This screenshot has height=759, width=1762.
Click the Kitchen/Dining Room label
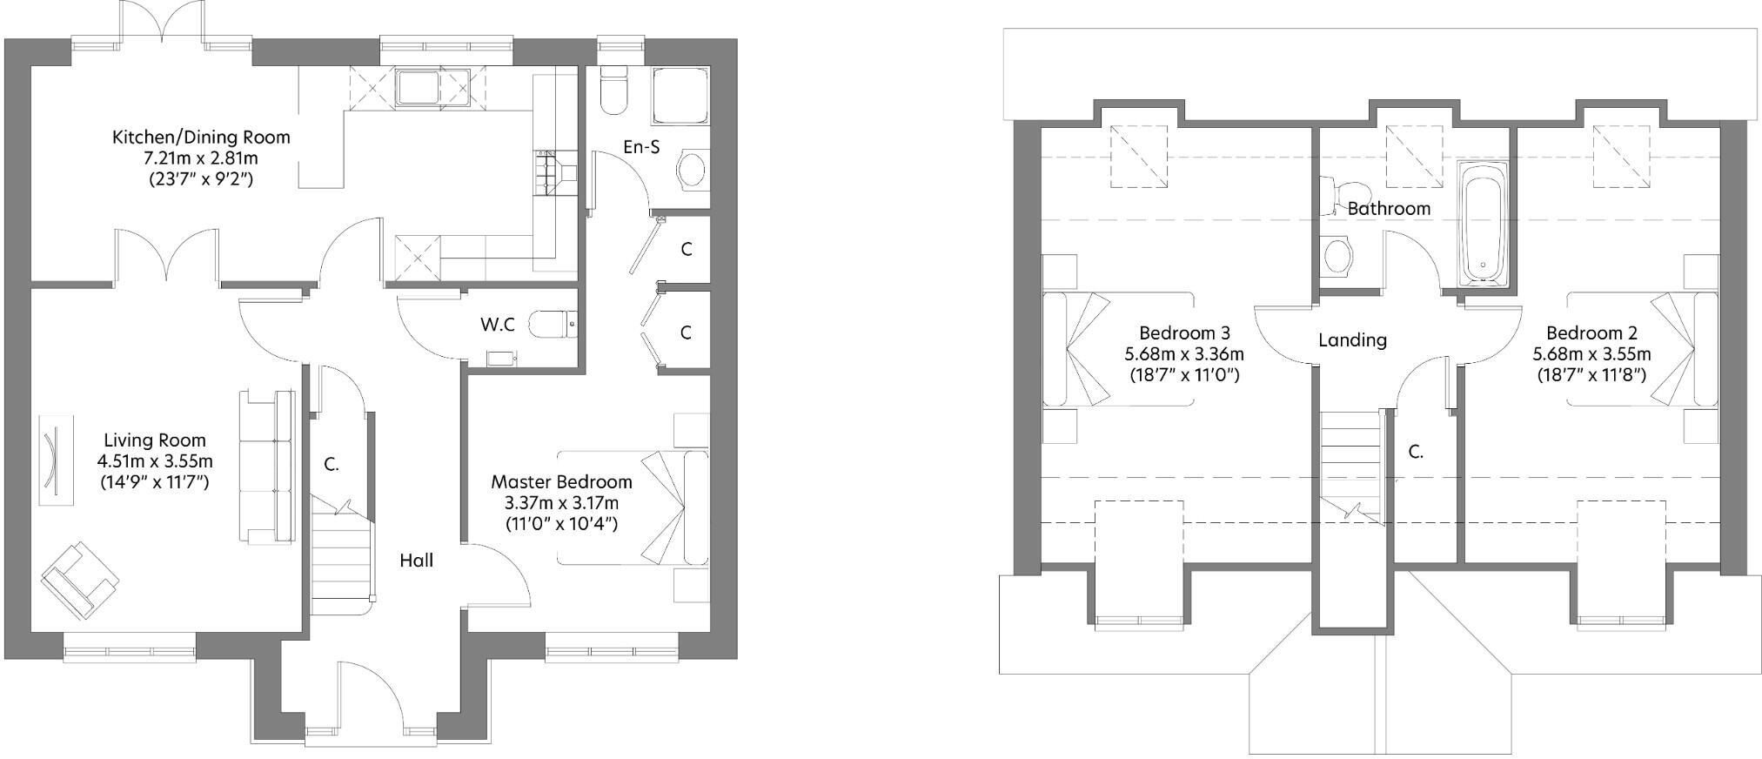coord(201,138)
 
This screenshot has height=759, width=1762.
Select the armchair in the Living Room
coord(79,580)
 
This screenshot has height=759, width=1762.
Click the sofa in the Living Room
coord(266,467)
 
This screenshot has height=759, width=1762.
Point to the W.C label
coord(497,325)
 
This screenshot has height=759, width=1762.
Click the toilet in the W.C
coord(552,324)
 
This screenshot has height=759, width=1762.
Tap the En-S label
coord(641,147)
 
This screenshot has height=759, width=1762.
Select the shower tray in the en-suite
coord(680,96)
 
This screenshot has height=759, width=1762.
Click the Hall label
coord(416,561)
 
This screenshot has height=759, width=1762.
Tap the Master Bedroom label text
coord(561,481)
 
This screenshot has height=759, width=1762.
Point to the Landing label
coord(1352,340)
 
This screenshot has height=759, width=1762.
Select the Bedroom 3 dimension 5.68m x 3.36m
coord(1183,354)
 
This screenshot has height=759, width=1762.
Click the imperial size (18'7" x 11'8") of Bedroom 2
coord(1591,375)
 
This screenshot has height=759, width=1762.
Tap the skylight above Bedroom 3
coord(1139,156)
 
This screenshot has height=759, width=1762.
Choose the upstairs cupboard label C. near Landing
coord(1416,453)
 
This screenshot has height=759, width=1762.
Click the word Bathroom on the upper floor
coord(1389,209)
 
